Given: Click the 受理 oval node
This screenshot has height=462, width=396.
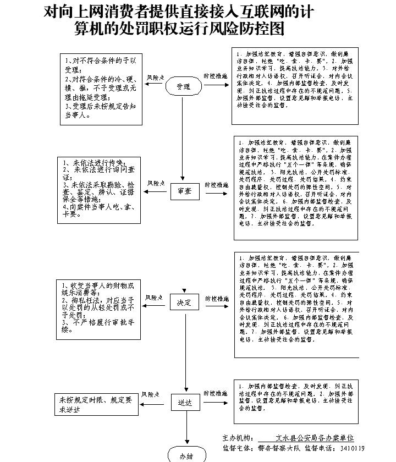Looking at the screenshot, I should (x=184, y=86).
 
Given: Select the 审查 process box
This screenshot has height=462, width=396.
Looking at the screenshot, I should (x=185, y=191).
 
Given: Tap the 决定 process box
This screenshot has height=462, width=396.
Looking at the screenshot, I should (x=184, y=303).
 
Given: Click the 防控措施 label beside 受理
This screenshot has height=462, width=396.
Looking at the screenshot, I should (x=216, y=76).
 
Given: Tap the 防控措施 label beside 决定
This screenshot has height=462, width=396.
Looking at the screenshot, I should (x=216, y=299).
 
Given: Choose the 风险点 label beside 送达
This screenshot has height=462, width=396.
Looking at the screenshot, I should (x=151, y=394).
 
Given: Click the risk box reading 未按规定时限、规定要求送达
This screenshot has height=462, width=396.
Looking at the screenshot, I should (x=96, y=405).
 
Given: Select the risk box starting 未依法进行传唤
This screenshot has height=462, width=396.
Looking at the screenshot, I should (x=98, y=190).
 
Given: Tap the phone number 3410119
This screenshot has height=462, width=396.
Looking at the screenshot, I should (x=352, y=448).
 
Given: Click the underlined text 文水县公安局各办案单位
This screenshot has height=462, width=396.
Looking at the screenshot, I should (x=315, y=438).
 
